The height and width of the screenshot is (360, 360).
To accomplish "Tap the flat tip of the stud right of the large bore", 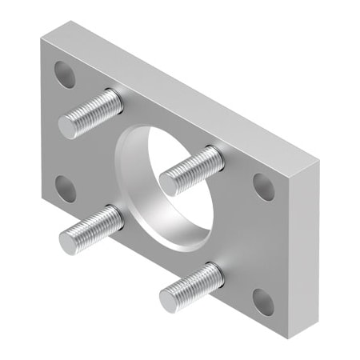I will (x=170, y=183).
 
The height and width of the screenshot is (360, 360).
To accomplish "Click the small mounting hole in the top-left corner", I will (x=65, y=74).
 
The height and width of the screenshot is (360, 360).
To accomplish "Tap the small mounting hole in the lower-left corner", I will (x=65, y=189).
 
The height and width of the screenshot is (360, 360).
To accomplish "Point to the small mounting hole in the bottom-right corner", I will (x=263, y=302).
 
